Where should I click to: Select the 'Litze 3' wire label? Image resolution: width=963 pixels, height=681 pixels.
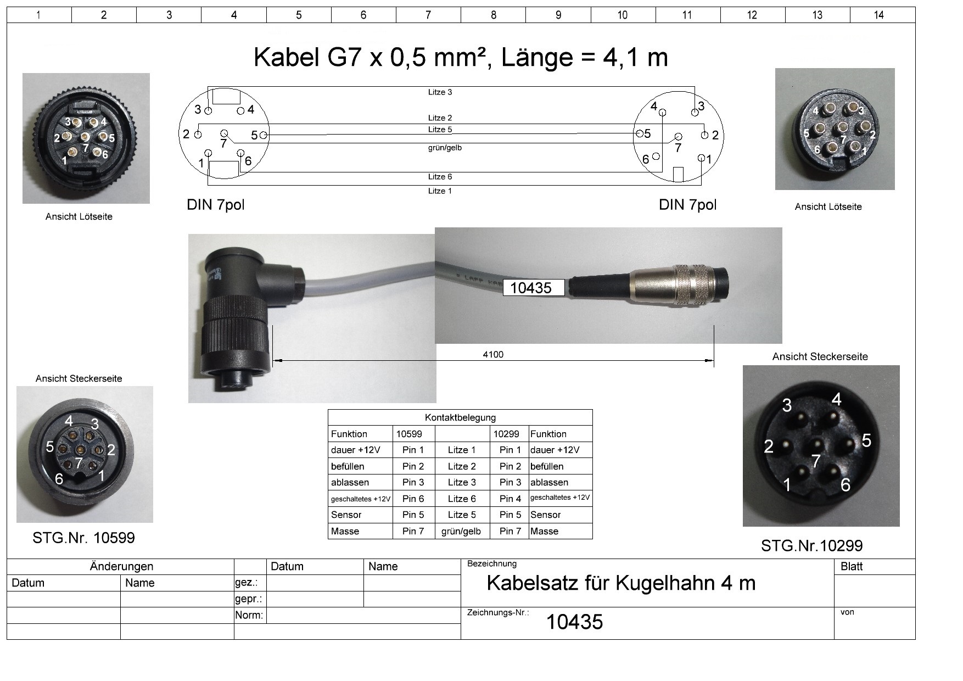(440, 92)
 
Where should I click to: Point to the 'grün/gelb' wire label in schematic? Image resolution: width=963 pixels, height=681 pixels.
(445, 148)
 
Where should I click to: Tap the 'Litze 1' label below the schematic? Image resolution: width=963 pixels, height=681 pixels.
(440, 191)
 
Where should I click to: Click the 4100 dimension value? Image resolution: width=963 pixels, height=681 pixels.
(492, 354)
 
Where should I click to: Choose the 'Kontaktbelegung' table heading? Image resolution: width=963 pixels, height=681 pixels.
(460, 417)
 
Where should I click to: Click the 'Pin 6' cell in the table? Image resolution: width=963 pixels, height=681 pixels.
(413, 499)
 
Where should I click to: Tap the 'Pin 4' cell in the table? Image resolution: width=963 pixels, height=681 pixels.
(510, 499)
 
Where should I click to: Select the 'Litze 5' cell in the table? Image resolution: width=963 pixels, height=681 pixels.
(461, 515)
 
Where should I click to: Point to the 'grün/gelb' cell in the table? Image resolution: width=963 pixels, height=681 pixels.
(461, 531)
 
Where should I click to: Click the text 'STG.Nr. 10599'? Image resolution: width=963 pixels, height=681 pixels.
(83, 538)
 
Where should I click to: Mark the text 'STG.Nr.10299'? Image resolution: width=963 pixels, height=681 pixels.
(811, 546)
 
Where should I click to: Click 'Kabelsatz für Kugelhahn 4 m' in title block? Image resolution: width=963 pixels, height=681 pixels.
(621, 583)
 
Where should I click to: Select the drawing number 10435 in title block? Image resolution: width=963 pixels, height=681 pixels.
(574, 622)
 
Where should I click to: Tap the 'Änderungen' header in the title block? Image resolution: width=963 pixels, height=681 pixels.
(121, 566)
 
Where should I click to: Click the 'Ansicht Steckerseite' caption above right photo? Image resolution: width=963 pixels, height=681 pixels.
(820, 356)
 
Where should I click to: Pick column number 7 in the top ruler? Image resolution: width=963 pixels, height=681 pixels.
(428, 15)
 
